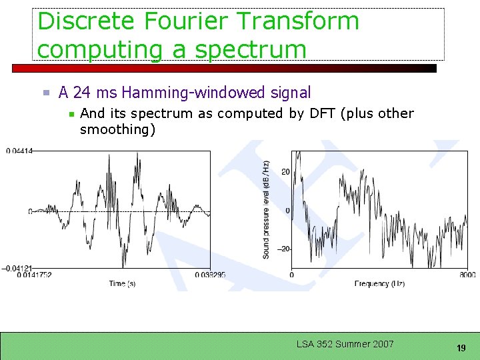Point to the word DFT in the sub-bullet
(x=323, y=113)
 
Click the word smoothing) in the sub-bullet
(x=117, y=129)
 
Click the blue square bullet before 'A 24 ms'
(x=47, y=93)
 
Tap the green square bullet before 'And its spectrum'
(x=71, y=114)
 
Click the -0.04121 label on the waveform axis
(x=16, y=268)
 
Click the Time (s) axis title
(x=122, y=284)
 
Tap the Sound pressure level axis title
(x=266, y=209)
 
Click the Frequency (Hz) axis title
(x=379, y=284)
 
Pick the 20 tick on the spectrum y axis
(x=285, y=172)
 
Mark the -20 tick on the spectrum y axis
(x=283, y=249)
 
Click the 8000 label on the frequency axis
(x=467, y=275)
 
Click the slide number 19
(x=461, y=348)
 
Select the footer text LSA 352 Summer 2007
(x=345, y=344)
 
